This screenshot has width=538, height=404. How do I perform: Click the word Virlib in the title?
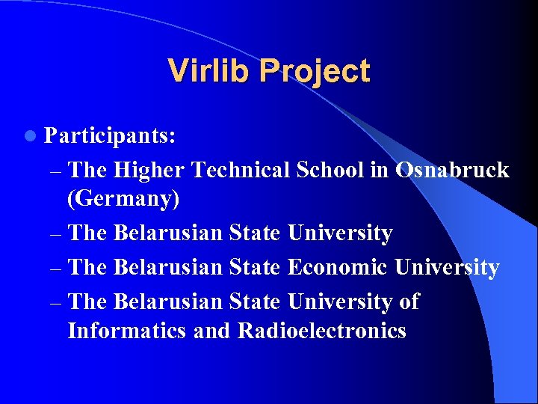click(210, 71)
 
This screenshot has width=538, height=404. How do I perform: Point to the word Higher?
click(149, 171)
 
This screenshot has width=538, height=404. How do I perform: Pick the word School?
click(330, 171)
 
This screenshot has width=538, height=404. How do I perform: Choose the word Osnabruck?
click(452, 171)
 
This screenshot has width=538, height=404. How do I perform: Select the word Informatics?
click(126, 331)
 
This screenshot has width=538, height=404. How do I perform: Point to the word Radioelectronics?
click(322, 331)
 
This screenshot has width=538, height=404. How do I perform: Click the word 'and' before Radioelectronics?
click(211, 331)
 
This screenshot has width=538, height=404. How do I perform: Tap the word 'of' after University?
click(408, 302)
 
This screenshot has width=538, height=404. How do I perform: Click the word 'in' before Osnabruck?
click(379, 171)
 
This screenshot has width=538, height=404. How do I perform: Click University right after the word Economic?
click(447, 268)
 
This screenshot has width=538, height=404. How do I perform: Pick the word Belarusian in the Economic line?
click(168, 268)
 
